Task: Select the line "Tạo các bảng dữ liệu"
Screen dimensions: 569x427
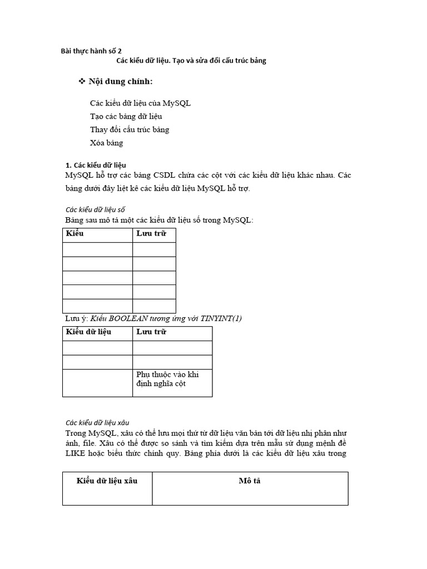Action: click(126, 116)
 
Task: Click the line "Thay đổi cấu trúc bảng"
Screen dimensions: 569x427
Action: click(129, 129)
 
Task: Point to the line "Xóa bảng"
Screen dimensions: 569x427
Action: click(106, 143)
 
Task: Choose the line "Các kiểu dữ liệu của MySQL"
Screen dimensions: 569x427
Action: click(140, 103)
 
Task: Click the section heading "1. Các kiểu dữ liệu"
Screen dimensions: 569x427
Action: click(96, 165)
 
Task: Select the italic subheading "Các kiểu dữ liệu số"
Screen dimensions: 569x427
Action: click(95, 209)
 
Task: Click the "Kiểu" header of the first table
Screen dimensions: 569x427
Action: click(75, 233)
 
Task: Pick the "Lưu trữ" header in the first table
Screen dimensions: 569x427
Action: click(151, 233)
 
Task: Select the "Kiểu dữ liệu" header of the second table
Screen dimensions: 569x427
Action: click(89, 332)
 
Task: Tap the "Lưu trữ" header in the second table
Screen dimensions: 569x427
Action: click(151, 332)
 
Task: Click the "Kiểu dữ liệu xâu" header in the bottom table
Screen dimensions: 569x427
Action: click(107, 481)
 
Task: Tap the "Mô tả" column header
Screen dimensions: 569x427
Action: click(250, 481)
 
